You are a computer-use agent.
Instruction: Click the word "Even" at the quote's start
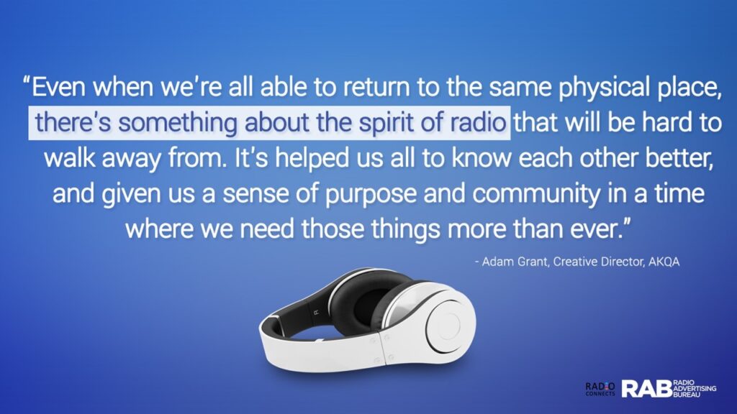pos(58,87)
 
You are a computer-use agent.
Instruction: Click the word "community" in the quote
pos(535,194)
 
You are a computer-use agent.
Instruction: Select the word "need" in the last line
pos(267,229)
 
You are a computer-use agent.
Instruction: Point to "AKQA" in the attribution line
pos(664,262)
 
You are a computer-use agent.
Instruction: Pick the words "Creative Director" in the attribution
pos(598,262)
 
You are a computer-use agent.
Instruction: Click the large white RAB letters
pos(647,389)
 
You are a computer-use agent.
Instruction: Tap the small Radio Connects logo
pos(600,389)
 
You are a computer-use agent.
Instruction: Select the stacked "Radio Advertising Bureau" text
pos(695,389)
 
